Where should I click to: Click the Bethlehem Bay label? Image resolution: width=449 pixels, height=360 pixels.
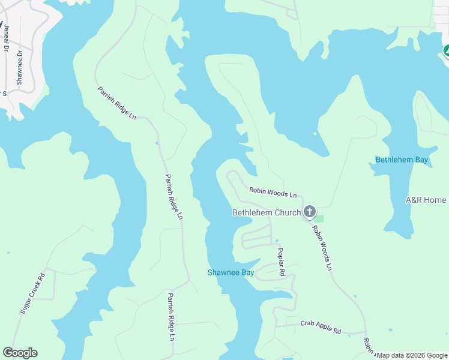click(402, 160)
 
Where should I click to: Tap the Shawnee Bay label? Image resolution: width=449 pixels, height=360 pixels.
click(231, 272)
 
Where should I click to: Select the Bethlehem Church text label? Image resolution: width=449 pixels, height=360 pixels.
click(266, 212)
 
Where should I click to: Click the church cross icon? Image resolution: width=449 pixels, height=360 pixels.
click(310, 212)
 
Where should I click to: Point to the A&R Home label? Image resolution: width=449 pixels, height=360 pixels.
click(426, 200)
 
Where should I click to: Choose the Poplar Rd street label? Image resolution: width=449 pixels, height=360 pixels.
click(280, 262)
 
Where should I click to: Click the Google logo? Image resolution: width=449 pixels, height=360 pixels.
click(20, 353)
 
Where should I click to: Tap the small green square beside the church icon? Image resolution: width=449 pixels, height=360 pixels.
click(319, 218)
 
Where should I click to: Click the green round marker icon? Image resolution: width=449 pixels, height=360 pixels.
click(447, 51)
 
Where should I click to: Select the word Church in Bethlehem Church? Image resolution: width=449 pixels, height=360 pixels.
click(285, 212)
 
